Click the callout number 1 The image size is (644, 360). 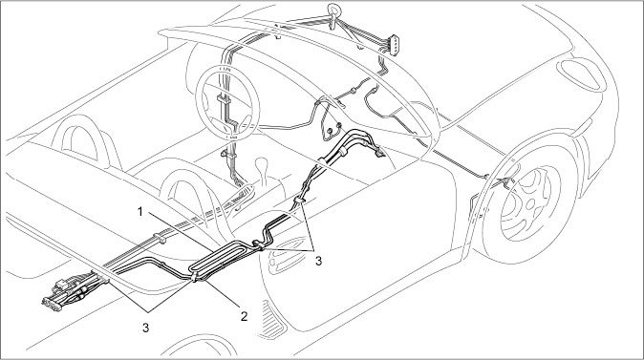pos(140,212)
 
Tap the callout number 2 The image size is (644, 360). pos(244,316)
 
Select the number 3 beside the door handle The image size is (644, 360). pos(319,261)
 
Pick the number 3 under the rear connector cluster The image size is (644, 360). pos(146,328)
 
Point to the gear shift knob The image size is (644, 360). pos(260,165)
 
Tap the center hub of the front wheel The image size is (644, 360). pos(530,202)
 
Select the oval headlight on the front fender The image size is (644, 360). pos(580,74)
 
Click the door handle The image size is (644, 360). pos(283,262)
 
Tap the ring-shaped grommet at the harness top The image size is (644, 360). pos(333,11)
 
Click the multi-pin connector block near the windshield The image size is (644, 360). pos(394,45)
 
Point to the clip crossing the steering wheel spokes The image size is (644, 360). pos(225,99)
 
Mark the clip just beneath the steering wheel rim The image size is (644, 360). pos(227,155)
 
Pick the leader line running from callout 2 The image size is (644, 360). pos(222,293)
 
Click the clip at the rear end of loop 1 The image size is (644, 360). pos(194,276)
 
